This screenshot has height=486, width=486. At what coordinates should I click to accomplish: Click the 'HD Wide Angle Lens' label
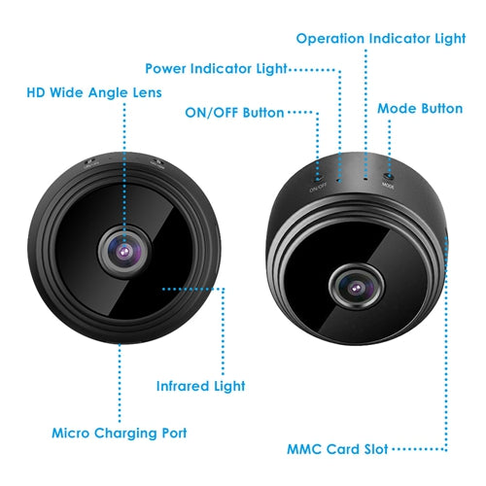94,92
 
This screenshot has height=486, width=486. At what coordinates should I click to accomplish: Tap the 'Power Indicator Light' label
216,69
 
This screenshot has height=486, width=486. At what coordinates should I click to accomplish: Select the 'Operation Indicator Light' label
381,39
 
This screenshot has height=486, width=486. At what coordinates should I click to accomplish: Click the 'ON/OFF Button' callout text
234,113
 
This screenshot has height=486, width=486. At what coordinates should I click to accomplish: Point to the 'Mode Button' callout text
420,109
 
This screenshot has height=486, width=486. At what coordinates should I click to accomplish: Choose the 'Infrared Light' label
200,387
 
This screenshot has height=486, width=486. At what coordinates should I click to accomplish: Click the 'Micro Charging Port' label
120,434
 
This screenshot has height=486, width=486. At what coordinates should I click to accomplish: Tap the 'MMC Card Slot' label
337,449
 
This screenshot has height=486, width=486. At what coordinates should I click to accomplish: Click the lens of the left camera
124,251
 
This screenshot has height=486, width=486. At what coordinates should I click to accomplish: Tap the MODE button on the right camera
389,176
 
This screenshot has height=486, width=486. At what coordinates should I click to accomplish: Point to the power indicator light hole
339,179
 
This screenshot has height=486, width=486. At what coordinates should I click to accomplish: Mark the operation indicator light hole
365,178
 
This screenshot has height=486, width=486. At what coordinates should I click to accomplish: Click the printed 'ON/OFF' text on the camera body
318,188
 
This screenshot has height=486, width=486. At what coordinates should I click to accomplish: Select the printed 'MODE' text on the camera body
388,186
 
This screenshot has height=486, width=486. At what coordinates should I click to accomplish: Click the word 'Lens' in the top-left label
148,92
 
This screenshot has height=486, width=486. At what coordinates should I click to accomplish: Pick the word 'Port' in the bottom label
174,434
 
